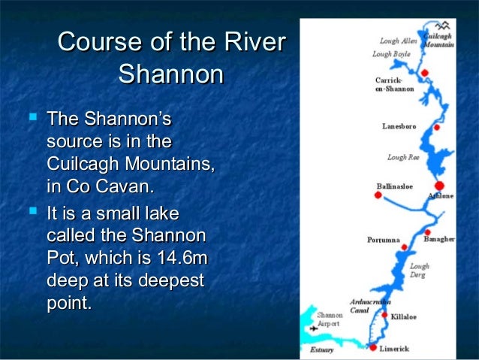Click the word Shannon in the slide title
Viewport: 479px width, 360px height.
[171, 75]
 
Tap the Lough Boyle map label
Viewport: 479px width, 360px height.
[391, 54]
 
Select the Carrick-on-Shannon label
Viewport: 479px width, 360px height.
[394, 84]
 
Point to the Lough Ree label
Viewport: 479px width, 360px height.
[403, 158]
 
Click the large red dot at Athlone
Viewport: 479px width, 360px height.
[440, 185]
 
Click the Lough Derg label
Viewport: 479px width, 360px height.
[420, 271]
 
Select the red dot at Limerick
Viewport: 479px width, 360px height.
[371, 347]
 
